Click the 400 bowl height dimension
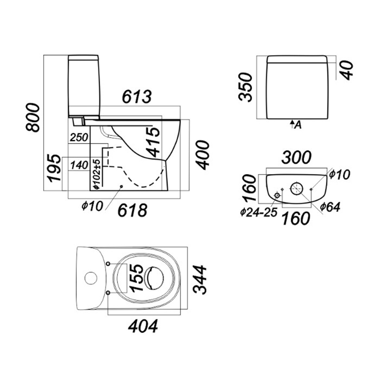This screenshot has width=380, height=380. point(202,155)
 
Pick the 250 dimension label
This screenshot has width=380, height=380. point(78,138)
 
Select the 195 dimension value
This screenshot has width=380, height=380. point(54,169)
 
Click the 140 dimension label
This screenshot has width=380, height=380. point(78,165)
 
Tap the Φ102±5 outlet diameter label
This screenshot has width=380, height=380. point(96,174)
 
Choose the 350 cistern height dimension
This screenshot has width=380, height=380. point(245,87)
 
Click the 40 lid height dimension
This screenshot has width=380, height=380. point(348,70)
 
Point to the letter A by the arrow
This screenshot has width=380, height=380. point(298,125)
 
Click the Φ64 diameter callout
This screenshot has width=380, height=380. point(330,207)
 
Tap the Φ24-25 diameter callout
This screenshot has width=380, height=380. point(258,212)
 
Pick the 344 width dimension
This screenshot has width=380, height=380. point(200,280)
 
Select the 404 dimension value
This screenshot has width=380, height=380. point(142,326)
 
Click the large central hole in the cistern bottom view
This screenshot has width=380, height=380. point(296,188)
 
